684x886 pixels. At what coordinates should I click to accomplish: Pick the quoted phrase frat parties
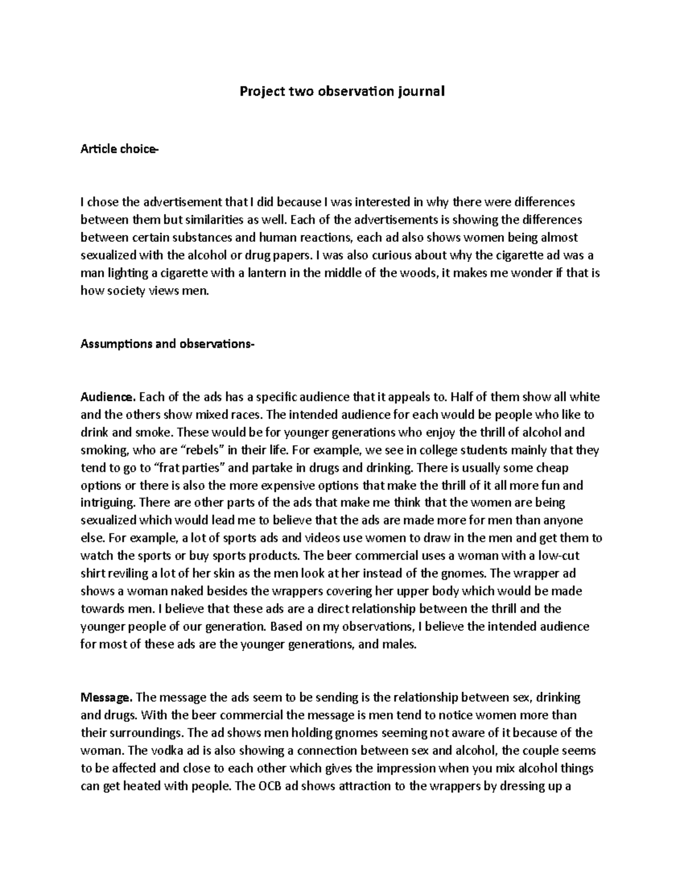tap(191, 468)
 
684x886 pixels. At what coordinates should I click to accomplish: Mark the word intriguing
tap(108, 503)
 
